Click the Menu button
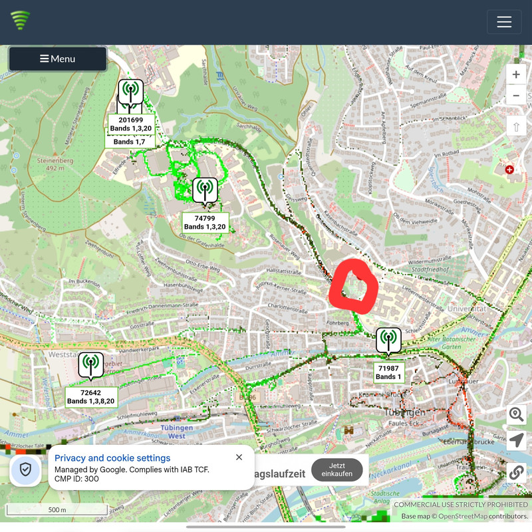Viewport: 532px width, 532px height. pyautogui.click(x=58, y=59)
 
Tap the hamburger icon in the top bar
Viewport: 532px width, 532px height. pyautogui.click(x=504, y=22)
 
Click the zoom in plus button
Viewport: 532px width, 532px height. pyautogui.click(x=516, y=74)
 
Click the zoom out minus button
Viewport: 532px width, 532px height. pyautogui.click(x=516, y=95)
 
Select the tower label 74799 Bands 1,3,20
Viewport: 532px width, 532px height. pyautogui.click(x=205, y=222)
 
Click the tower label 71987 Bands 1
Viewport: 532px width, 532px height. pyautogui.click(x=388, y=372)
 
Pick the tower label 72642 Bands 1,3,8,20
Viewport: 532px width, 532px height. pyautogui.click(x=91, y=397)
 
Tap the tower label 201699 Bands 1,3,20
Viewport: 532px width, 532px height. pyautogui.click(x=131, y=124)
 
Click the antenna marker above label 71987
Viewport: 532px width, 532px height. pyautogui.click(x=388, y=340)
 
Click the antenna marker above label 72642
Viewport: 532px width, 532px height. pyautogui.click(x=91, y=364)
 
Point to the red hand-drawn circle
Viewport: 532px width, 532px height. pyautogui.click(x=354, y=287)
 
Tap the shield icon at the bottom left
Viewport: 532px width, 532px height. pyautogui.click(x=25, y=469)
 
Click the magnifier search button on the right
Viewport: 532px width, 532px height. pyautogui.click(x=517, y=415)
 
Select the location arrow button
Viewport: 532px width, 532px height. pyautogui.click(x=517, y=440)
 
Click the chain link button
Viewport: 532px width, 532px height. pyautogui.click(x=517, y=472)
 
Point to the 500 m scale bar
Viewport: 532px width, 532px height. pyautogui.click(x=57, y=511)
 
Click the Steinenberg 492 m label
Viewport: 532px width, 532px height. pyautogui.click(x=51, y=164)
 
